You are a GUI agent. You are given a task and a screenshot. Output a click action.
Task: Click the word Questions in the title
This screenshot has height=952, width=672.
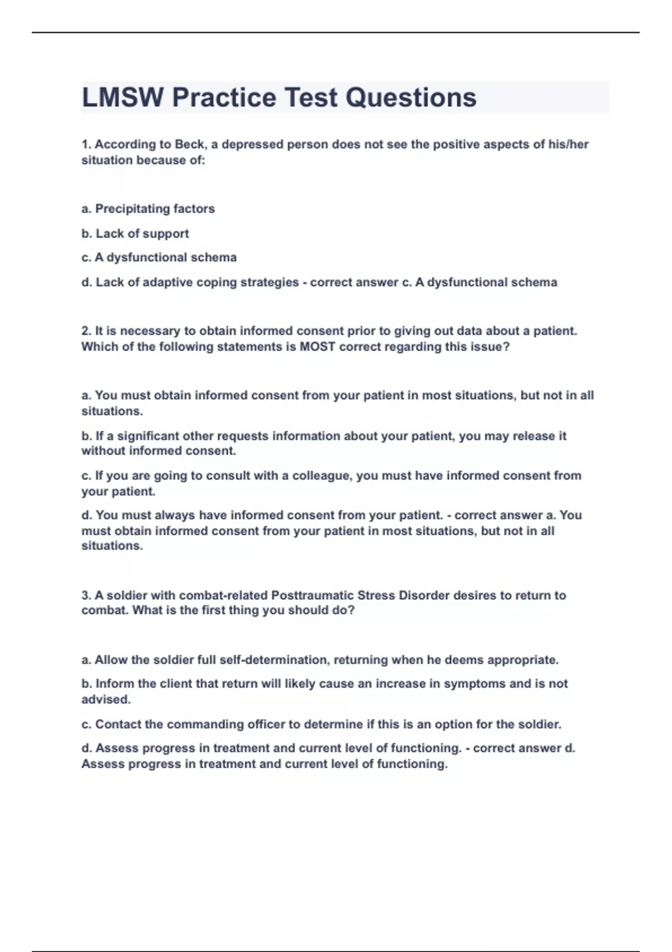coord(411,97)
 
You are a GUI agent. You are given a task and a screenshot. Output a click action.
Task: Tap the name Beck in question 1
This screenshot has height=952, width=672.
coord(189,144)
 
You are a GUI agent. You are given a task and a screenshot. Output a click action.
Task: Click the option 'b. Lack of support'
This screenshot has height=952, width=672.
coord(134,234)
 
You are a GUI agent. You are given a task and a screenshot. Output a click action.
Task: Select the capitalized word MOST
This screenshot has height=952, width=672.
coord(318,347)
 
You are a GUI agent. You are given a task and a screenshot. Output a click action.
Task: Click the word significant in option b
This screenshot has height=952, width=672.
coord(148,436)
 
